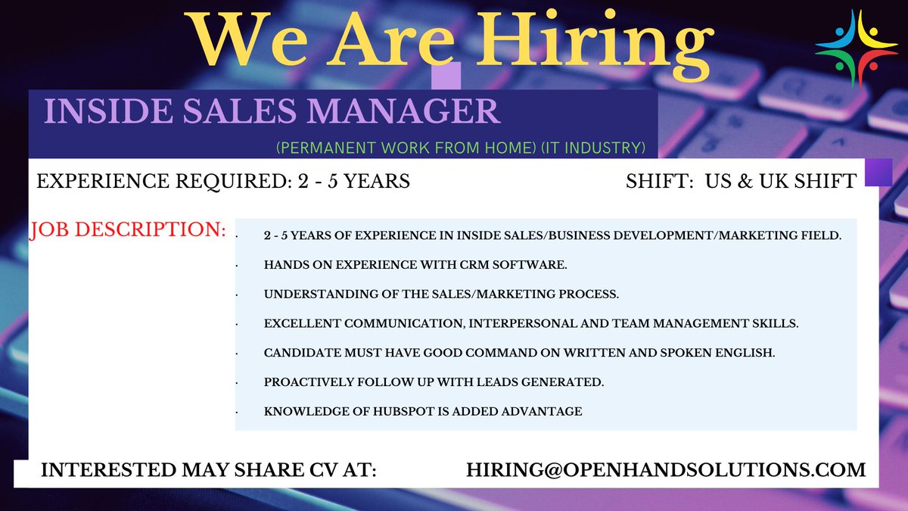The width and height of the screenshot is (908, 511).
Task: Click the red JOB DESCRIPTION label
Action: pos(128,229)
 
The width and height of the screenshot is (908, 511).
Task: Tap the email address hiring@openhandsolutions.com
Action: pos(666,469)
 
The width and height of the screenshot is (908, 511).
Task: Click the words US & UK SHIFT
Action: pos(780,182)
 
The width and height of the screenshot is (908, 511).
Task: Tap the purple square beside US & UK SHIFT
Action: pos(878,172)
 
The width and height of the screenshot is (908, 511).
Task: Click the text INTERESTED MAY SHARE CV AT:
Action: pos(208,469)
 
